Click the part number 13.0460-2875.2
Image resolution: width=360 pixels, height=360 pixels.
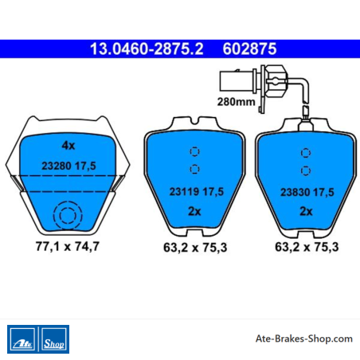[x=147, y=49]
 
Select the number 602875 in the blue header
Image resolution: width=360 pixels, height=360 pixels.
[x=249, y=49]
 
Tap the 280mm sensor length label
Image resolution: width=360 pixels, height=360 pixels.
[x=236, y=102]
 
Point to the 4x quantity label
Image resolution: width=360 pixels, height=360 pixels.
[x=68, y=146]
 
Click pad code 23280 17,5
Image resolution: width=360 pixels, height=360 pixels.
[x=68, y=166]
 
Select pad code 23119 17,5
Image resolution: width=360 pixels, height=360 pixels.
[x=197, y=191]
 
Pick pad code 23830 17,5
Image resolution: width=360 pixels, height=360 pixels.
[x=307, y=192]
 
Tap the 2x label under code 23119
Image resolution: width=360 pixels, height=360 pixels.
[x=194, y=211]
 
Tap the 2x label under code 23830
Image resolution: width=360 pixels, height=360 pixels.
[x=306, y=211]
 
